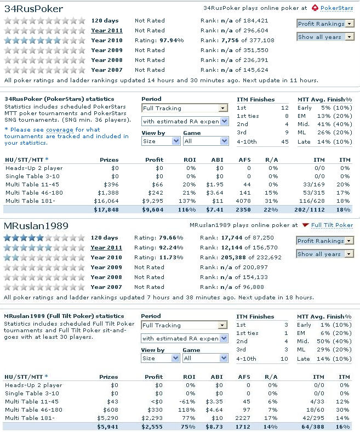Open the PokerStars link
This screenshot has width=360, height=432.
tap(336, 8)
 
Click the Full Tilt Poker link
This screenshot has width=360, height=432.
tap(332, 225)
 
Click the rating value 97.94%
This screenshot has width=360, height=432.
tap(172, 41)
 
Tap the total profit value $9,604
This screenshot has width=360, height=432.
tap(152, 209)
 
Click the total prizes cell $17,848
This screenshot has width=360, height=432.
tap(106, 209)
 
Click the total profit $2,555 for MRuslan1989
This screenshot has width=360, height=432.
tap(152, 427)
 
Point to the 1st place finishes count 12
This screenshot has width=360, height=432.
tap(284, 108)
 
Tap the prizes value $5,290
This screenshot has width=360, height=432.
tap(108, 418)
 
